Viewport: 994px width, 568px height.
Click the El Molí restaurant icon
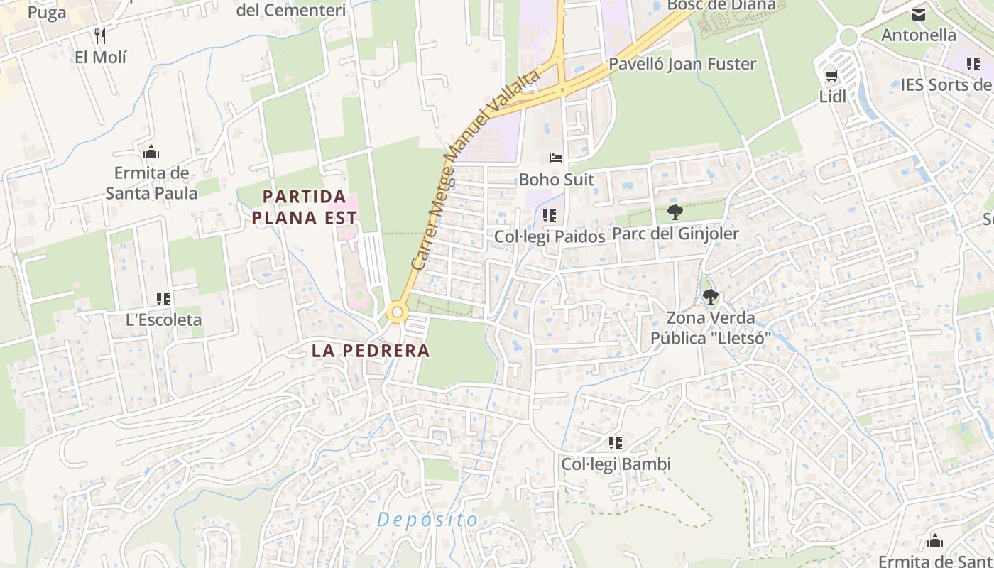click(100, 35)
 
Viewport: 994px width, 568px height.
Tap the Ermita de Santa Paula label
click(151, 182)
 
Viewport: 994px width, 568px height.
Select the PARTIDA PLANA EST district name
click(305, 207)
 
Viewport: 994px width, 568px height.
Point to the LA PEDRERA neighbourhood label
click(371, 350)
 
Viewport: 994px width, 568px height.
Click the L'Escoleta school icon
click(163, 299)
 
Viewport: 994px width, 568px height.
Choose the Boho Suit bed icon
click(555, 158)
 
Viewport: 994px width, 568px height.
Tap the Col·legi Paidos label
click(550, 236)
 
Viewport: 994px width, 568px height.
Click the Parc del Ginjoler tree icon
click(675, 212)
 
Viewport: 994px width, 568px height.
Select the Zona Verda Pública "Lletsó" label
click(710, 328)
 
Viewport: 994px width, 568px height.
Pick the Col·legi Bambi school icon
click(616, 443)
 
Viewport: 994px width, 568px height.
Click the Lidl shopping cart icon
click(831, 75)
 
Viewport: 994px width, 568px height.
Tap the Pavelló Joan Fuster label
click(682, 64)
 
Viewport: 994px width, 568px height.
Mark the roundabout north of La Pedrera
click(397, 312)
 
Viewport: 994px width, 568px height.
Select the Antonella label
click(918, 35)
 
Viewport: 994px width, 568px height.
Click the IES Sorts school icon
click(973, 64)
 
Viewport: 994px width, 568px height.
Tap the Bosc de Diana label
click(721, 6)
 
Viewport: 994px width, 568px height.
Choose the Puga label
click(48, 12)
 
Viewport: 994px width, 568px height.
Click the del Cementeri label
click(291, 10)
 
